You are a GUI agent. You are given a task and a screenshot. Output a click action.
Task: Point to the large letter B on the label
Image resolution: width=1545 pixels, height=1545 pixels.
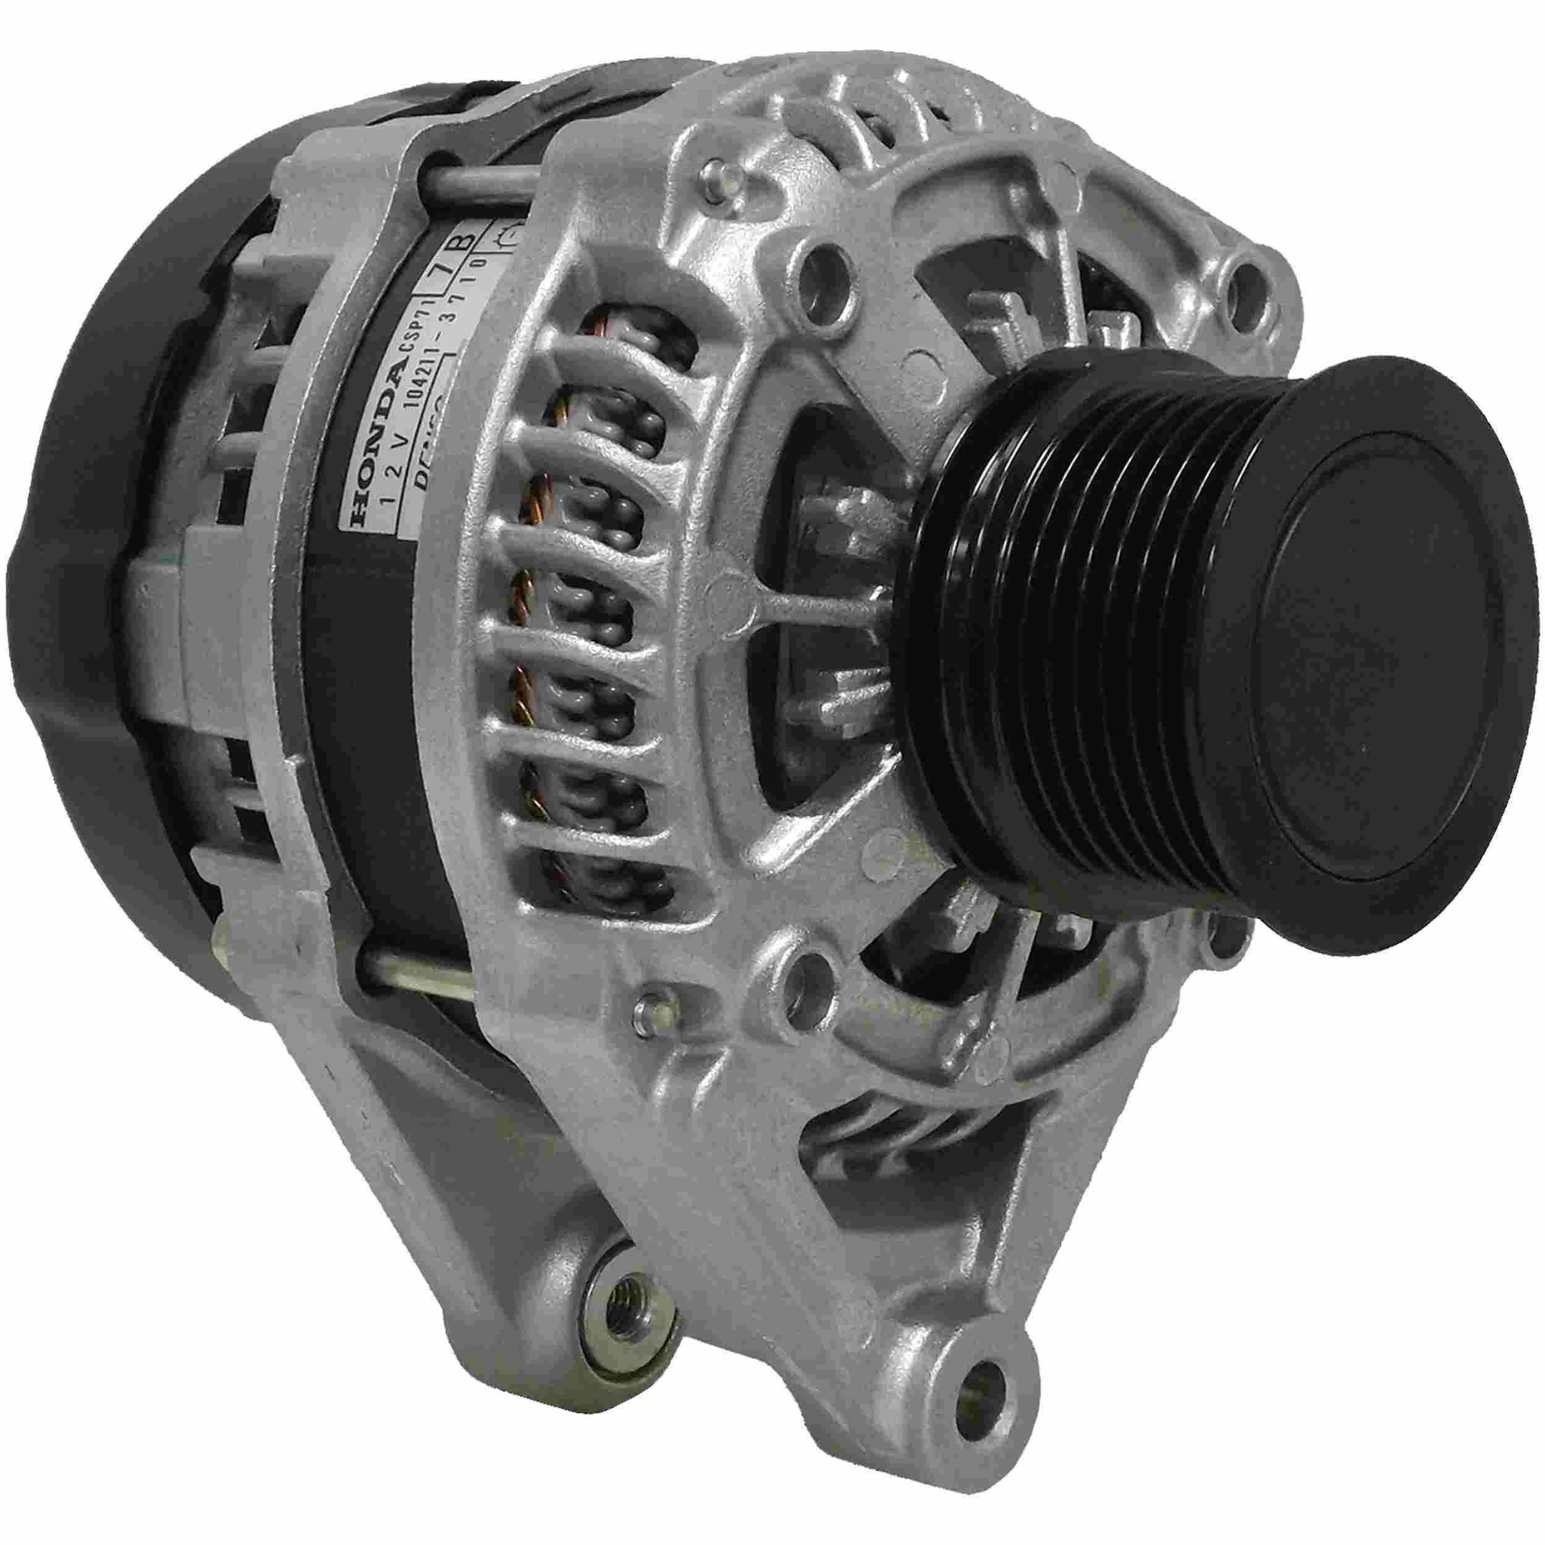(x=468, y=240)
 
